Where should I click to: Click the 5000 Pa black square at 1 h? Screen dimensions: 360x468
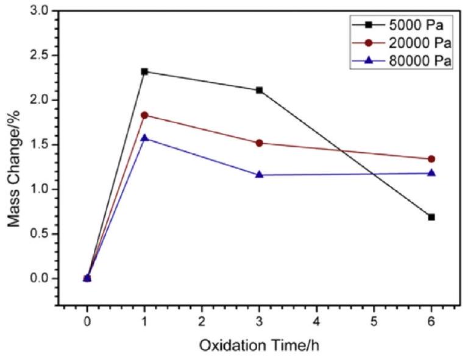point(144,71)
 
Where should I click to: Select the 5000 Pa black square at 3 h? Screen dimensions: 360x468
point(260,90)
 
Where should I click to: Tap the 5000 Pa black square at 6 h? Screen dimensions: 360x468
point(431,217)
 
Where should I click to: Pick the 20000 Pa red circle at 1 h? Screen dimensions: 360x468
point(144,115)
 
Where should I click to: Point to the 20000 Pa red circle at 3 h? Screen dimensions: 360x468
point(260,143)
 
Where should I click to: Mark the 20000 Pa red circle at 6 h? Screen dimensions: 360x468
point(431,159)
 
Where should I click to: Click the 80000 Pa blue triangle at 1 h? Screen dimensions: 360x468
point(144,138)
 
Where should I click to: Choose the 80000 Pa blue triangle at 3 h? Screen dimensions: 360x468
point(260,175)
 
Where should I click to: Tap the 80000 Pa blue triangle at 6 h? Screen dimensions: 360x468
point(431,173)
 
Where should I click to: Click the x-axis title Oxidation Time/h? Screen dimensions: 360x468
point(258,345)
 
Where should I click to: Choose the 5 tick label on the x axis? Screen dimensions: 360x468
point(374,320)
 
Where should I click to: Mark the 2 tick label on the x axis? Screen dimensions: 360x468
point(202,320)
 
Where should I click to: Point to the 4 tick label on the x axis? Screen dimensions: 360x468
point(316,320)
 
